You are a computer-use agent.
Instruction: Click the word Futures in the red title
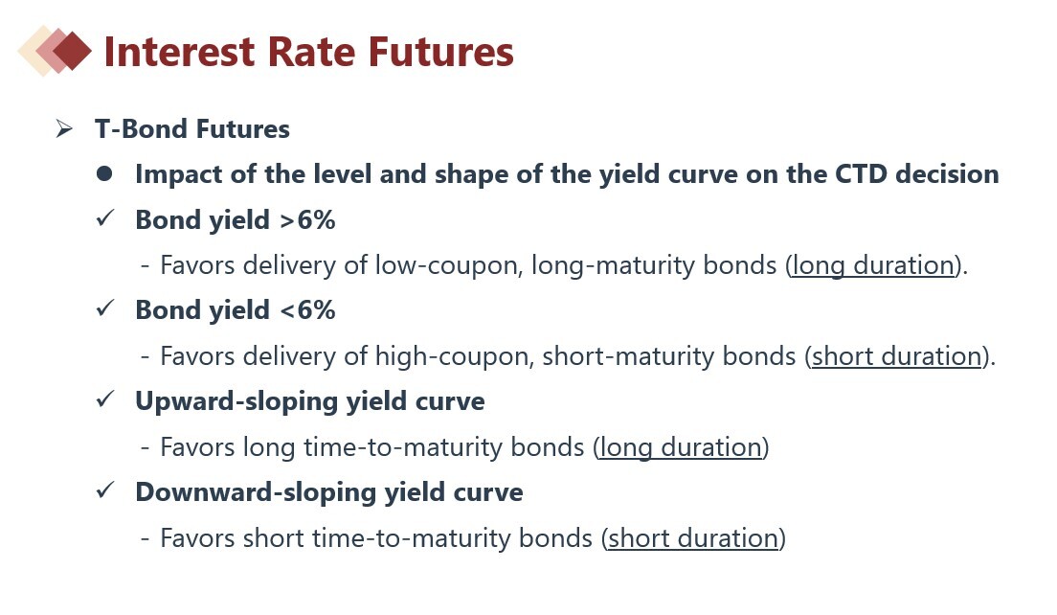[440, 52]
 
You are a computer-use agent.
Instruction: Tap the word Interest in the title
[179, 52]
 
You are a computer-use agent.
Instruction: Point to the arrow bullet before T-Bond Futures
[64, 128]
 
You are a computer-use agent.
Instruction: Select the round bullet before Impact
[104, 174]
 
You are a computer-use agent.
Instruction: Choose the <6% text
[306, 310]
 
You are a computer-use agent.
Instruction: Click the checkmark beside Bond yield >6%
[105, 217]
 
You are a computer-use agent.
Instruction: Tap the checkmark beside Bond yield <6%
[105, 308]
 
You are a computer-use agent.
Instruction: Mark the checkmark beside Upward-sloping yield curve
[105, 399]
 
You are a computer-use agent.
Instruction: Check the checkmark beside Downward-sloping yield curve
[105, 490]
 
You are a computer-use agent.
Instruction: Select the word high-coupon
[455, 356]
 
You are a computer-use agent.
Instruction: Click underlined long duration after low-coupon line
[873, 265]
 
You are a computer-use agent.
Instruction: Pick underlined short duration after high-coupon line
[896, 356]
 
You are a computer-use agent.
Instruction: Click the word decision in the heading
[947, 174]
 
